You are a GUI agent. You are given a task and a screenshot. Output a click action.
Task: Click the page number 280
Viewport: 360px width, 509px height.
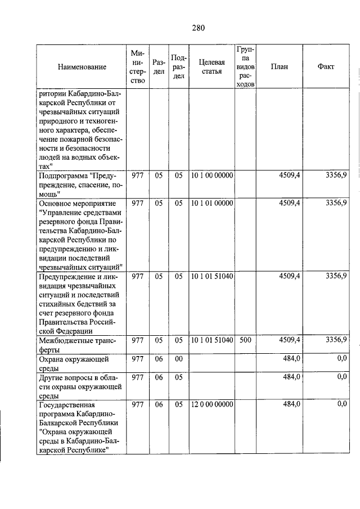pos(197,28)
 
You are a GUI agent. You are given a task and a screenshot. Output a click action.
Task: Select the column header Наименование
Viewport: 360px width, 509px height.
pos(82,67)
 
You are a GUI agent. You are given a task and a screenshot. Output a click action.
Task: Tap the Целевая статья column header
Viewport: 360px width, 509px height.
pos(211,67)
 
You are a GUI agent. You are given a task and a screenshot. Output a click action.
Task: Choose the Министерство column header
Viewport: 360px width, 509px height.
pos(138,67)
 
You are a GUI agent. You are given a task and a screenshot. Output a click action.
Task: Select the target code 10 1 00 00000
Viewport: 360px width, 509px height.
pos(211,175)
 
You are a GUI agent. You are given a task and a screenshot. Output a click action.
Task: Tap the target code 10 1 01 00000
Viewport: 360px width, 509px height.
pos(211,202)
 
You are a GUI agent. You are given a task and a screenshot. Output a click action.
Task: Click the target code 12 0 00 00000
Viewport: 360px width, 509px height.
pos(211,404)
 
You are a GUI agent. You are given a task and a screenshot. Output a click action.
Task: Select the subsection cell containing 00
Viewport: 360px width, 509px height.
pos(178,358)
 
